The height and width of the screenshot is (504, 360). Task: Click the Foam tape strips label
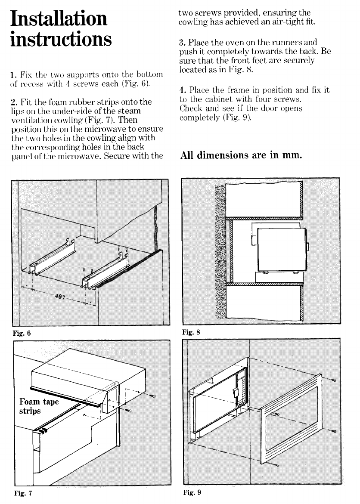(x=39, y=406)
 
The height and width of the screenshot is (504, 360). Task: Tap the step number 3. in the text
(x=181, y=43)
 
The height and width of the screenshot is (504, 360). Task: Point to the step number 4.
(x=181, y=90)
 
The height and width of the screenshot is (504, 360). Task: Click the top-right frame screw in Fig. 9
(x=335, y=380)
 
